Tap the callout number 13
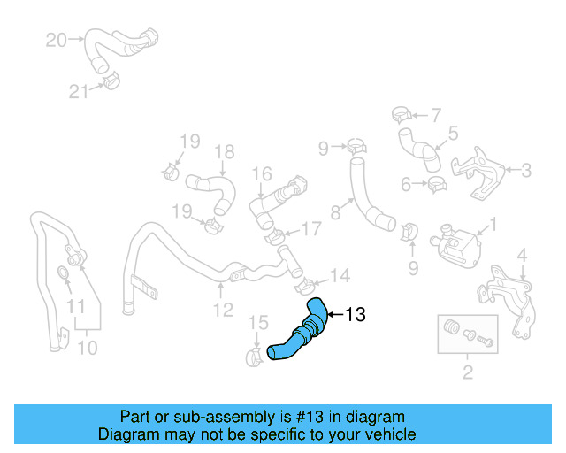point(354,314)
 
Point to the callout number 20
point(56,40)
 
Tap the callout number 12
point(222,310)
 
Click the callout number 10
point(87,348)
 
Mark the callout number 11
point(76,307)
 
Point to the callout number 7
point(435,114)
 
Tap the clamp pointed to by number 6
point(435,186)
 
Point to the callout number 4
point(522,256)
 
